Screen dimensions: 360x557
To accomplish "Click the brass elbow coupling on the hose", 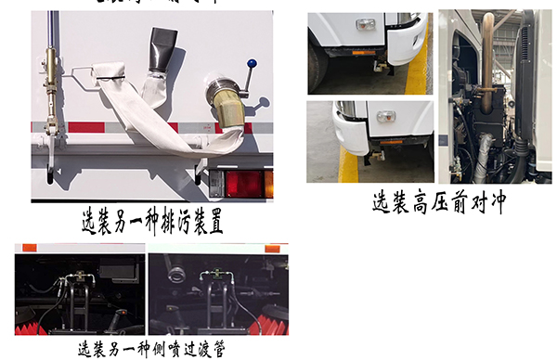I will pyautogui.click(x=226, y=101).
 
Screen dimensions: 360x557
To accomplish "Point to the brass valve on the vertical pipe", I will pyautogui.click(x=47, y=66).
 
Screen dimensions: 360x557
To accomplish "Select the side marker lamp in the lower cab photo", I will pyautogui.click(x=384, y=116).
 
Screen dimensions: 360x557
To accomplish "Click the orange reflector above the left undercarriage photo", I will pyautogui.click(x=29, y=248).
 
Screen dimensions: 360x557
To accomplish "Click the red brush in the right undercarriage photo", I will pyautogui.click(x=275, y=320).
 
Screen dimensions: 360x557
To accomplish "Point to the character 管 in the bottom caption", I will pyautogui.click(x=216, y=350).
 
